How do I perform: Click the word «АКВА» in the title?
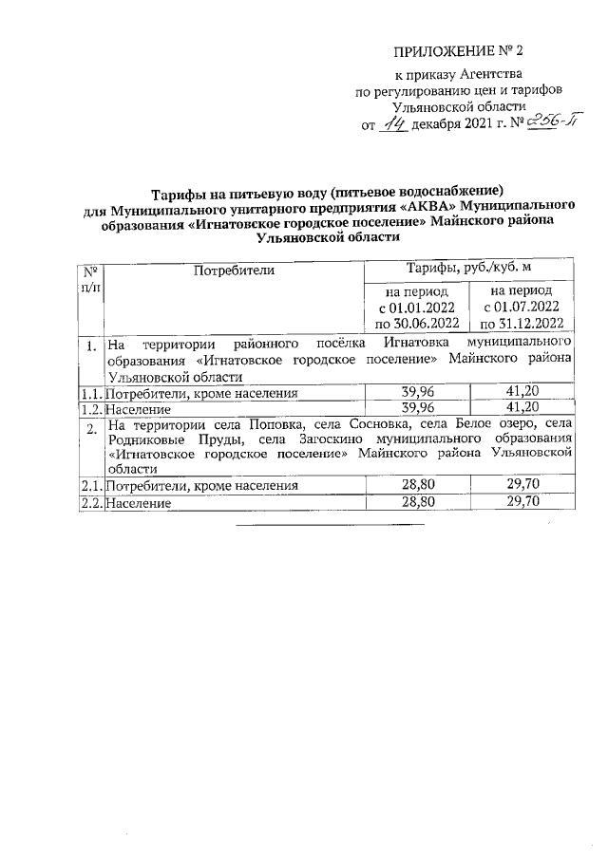[x=405, y=207]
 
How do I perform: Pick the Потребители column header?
[x=233, y=271]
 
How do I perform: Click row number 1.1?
[x=88, y=393]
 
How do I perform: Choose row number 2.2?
[x=88, y=503]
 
